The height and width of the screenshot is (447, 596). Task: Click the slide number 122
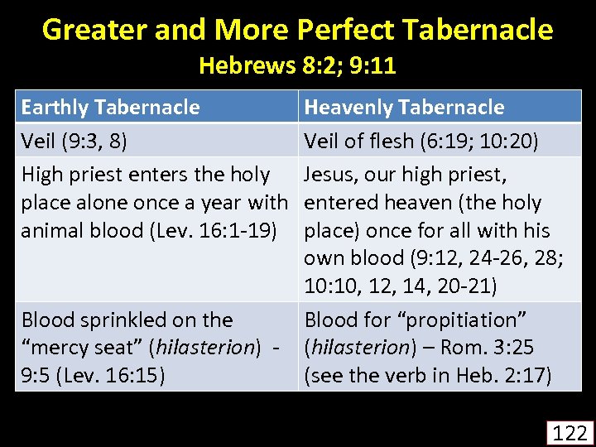[x=570, y=432]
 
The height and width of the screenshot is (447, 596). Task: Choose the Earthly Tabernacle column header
[x=110, y=107]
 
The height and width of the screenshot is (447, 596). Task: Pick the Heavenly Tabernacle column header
[x=404, y=107]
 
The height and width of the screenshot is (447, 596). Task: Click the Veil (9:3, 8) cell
[x=74, y=141]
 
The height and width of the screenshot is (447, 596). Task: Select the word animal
[x=50, y=231]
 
